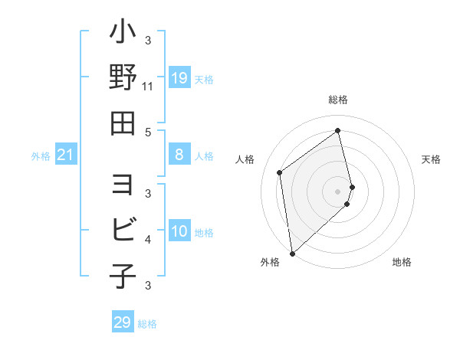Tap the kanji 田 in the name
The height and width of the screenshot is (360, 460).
(x=123, y=122)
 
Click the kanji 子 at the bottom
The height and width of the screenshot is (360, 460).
(x=123, y=275)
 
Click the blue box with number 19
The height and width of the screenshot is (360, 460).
(x=179, y=78)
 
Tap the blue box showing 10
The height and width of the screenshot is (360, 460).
(x=179, y=232)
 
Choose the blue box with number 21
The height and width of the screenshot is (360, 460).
(x=66, y=155)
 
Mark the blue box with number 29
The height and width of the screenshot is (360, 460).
(x=123, y=322)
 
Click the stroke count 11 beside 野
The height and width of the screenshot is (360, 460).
(x=148, y=87)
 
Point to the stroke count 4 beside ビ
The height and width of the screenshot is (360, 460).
(x=148, y=240)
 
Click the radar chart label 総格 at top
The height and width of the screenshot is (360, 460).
(x=338, y=100)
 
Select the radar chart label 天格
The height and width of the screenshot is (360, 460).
(x=431, y=159)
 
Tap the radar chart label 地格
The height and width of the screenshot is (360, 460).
(x=402, y=262)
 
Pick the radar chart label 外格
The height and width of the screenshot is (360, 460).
(x=270, y=262)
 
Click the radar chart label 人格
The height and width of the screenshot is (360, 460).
(x=245, y=159)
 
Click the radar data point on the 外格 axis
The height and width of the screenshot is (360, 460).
(x=292, y=253)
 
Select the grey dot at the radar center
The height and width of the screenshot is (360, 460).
(x=338, y=191)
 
